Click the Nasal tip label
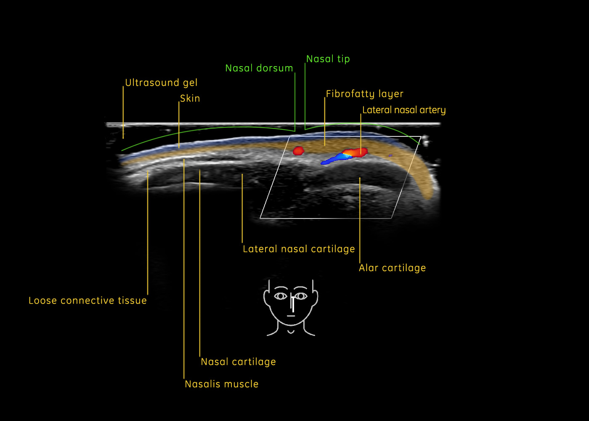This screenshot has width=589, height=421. pyautogui.click(x=328, y=59)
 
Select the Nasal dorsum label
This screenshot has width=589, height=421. pyautogui.click(x=259, y=68)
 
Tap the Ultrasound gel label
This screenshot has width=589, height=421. pyautogui.click(x=161, y=83)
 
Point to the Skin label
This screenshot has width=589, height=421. pyautogui.click(x=190, y=99)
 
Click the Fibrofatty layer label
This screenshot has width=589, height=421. pyautogui.click(x=364, y=94)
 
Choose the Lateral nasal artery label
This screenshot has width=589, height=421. pyautogui.click(x=404, y=110)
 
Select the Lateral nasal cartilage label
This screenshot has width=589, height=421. pyautogui.click(x=299, y=249)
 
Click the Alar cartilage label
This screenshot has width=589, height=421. pyautogui.click(x=392, y=268)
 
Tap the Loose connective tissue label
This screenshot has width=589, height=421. pyautogui.click(x=88, y=301)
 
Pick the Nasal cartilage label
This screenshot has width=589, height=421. pyautogui.click(x=238, y=362)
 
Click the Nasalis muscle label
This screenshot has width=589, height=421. pyautogui.click(x=222, y=384)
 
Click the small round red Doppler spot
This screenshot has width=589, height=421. pyautogui.click(x=298, y=151)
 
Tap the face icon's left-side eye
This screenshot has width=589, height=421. pyautogui.click(x=281, y=296)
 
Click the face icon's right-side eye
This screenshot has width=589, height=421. pyautogui.click(x=301, y=296)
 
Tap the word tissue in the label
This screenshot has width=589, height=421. pyautogui.click(x=132, y=301)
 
